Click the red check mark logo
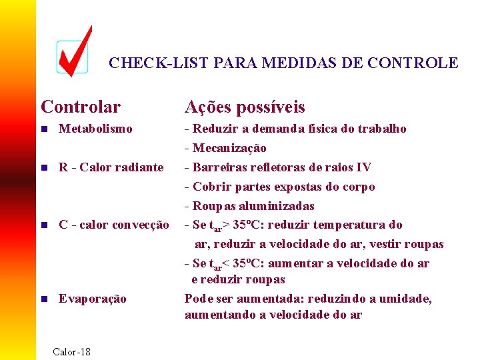tap(73, 52)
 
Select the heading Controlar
tap(81, 107)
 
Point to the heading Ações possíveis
tap(245, 107)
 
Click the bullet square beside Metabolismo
tap(45, 129)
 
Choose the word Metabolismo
tap(95, 129)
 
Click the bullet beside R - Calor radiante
tap(45, 167)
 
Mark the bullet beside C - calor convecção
tap(45, 225)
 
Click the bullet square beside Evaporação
tap(45, 299)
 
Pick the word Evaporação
tap(92, 299)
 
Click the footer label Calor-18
tap(71, 351)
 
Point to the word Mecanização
tap(229, 148)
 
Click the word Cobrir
tap(211, 187)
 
